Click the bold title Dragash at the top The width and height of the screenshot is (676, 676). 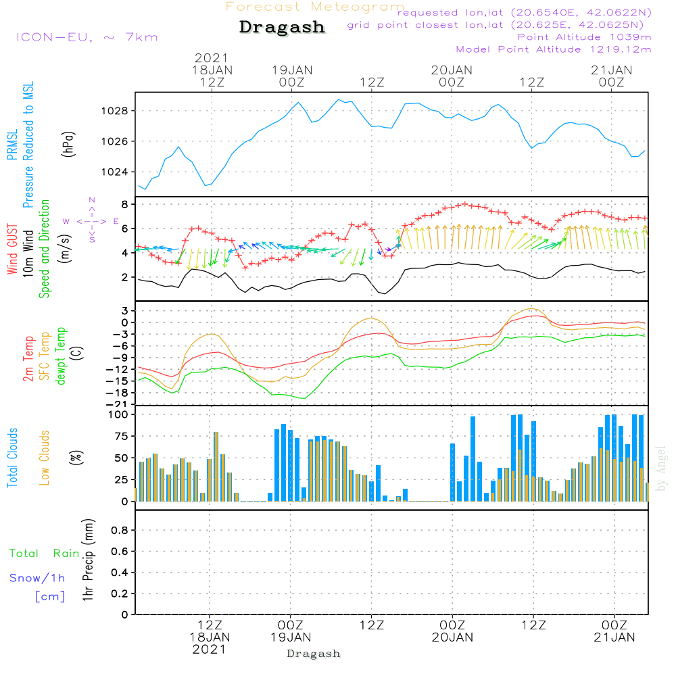pos(282,28)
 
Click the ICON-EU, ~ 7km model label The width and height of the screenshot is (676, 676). pos(87,37)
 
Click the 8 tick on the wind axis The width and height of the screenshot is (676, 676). pos(124,204)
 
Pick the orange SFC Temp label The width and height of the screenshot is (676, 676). pos(45,356)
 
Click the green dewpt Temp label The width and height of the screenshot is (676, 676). pos(61,356)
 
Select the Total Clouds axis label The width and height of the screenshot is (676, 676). pos(13,458)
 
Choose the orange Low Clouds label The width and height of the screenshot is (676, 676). pos(45,458)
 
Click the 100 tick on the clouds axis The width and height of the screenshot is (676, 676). pos(118,414)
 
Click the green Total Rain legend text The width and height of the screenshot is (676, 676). pos(44,554)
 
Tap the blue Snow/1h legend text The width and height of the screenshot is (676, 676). pos(38,578)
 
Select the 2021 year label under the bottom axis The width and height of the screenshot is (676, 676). pos(210,649)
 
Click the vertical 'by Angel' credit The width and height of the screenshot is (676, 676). pos(661,469)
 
